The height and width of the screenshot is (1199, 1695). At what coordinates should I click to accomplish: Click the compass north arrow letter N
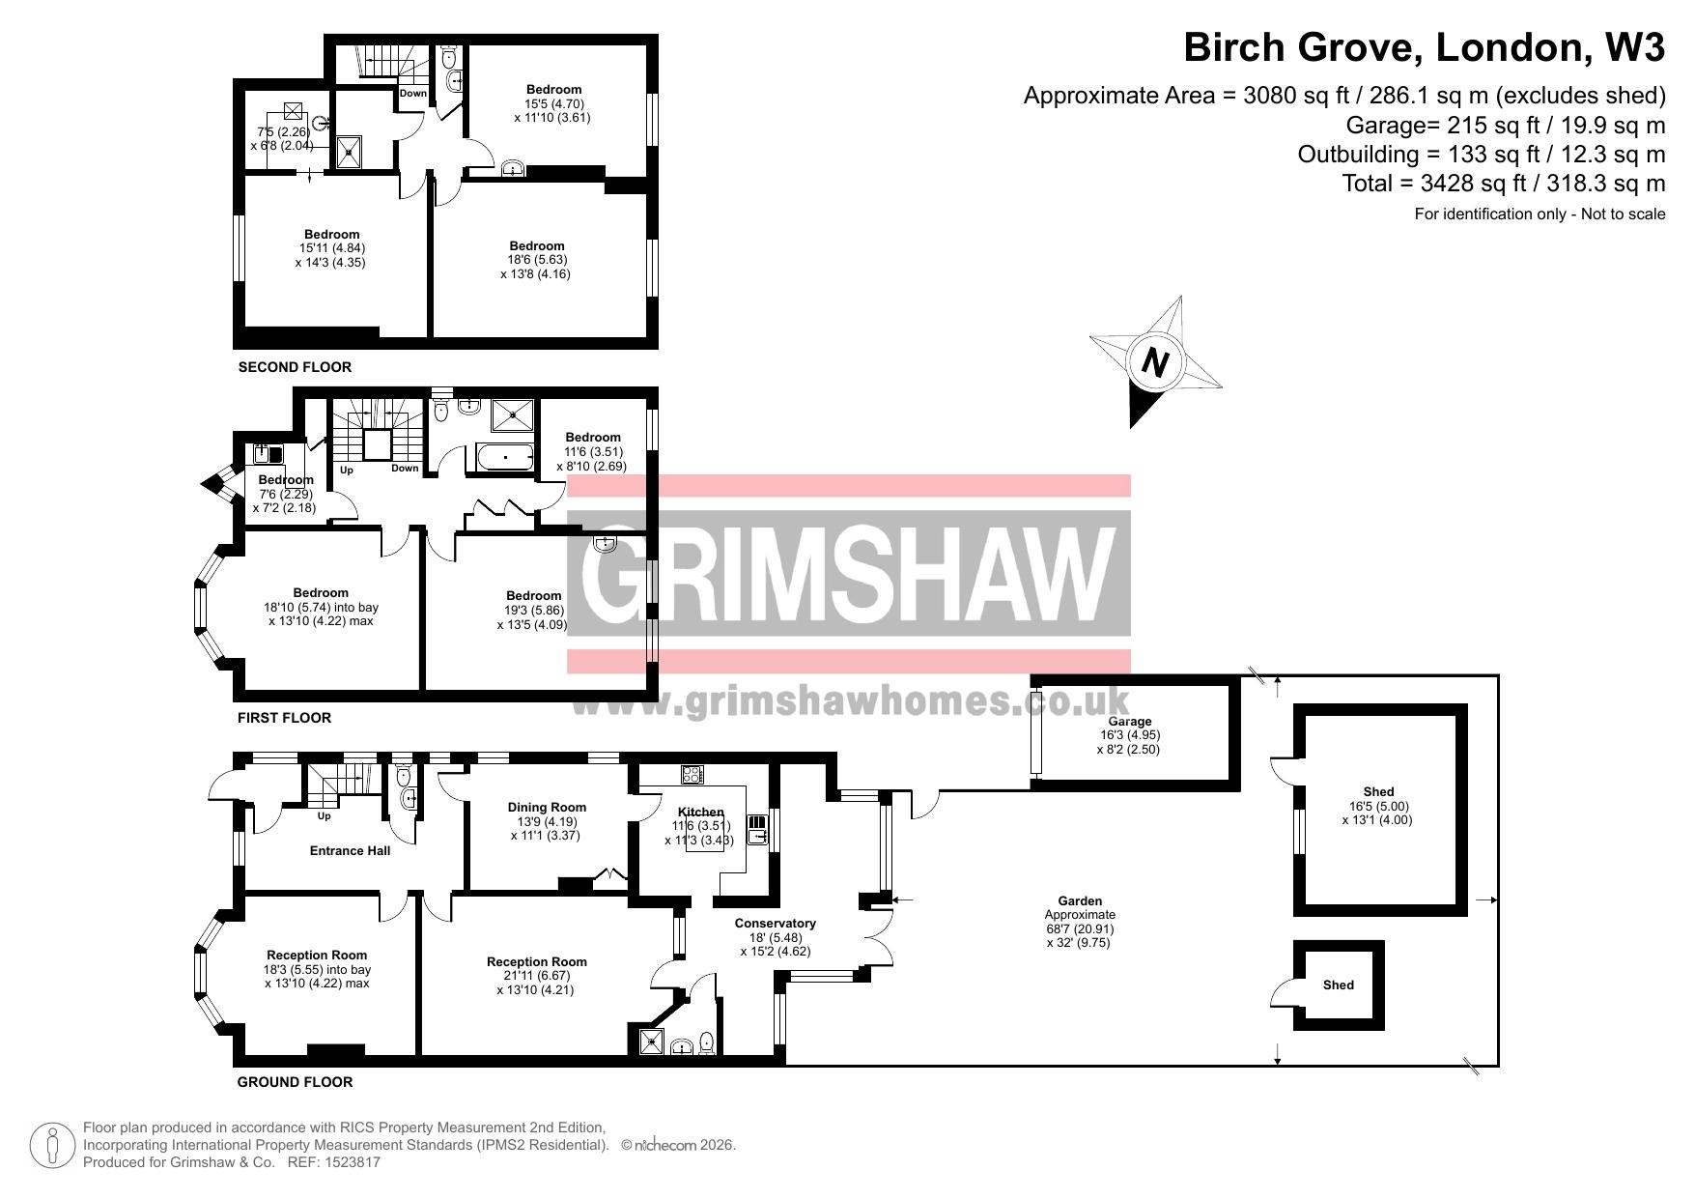point(1155,362)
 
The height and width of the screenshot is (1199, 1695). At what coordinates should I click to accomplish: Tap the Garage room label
point(1129,722)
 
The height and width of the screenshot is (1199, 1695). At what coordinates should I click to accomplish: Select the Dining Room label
point(547,808)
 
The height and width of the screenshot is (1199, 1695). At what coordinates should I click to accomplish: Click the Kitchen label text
point(700,812)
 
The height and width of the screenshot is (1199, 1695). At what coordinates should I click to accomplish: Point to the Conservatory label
point(776,924)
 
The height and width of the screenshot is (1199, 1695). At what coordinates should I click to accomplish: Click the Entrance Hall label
point(350,851)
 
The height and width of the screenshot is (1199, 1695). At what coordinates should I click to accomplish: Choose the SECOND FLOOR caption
point(295,367)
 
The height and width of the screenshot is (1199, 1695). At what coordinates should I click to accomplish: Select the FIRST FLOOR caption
point(284,718)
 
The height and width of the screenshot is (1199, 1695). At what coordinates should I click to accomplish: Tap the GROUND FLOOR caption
point(295,1082)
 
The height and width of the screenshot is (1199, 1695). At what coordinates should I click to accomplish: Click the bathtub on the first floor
point(500,458)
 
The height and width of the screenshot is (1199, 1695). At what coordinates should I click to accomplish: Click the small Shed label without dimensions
point(1339,985)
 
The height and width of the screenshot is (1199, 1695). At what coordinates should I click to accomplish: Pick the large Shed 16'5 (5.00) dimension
point(1379,807)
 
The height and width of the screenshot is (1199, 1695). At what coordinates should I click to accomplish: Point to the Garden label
point(1079,901)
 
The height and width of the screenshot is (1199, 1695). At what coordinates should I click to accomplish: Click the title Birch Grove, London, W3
point(1425,47)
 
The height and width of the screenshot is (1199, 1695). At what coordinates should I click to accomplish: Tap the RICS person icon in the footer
point(54,1146)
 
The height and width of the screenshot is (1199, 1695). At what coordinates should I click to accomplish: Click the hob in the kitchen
point(692,774)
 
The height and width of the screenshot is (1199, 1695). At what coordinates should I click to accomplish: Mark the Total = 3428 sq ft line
point(1504,184)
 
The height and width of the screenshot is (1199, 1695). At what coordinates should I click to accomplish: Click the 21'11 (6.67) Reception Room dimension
point(537,976)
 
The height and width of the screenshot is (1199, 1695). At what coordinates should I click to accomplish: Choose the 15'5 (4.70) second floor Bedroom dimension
point(554,104)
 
